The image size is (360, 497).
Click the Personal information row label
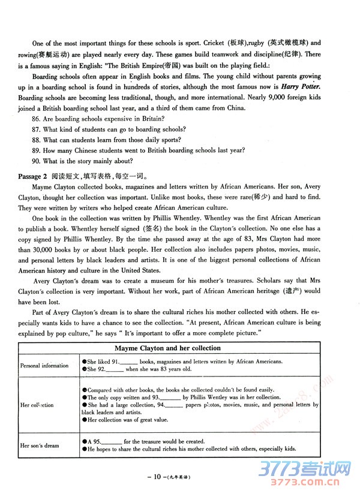pos(44,366)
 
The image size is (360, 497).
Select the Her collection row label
pos(37,405)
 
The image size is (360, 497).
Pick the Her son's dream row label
pos(40,445)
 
